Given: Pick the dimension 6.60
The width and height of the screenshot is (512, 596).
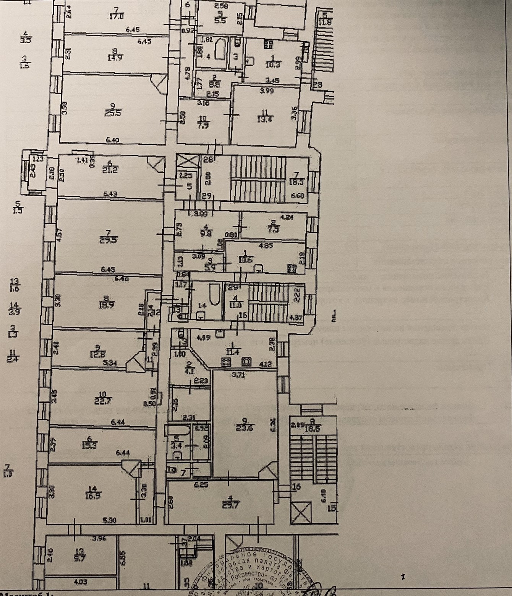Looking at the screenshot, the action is tap(297, 196).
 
